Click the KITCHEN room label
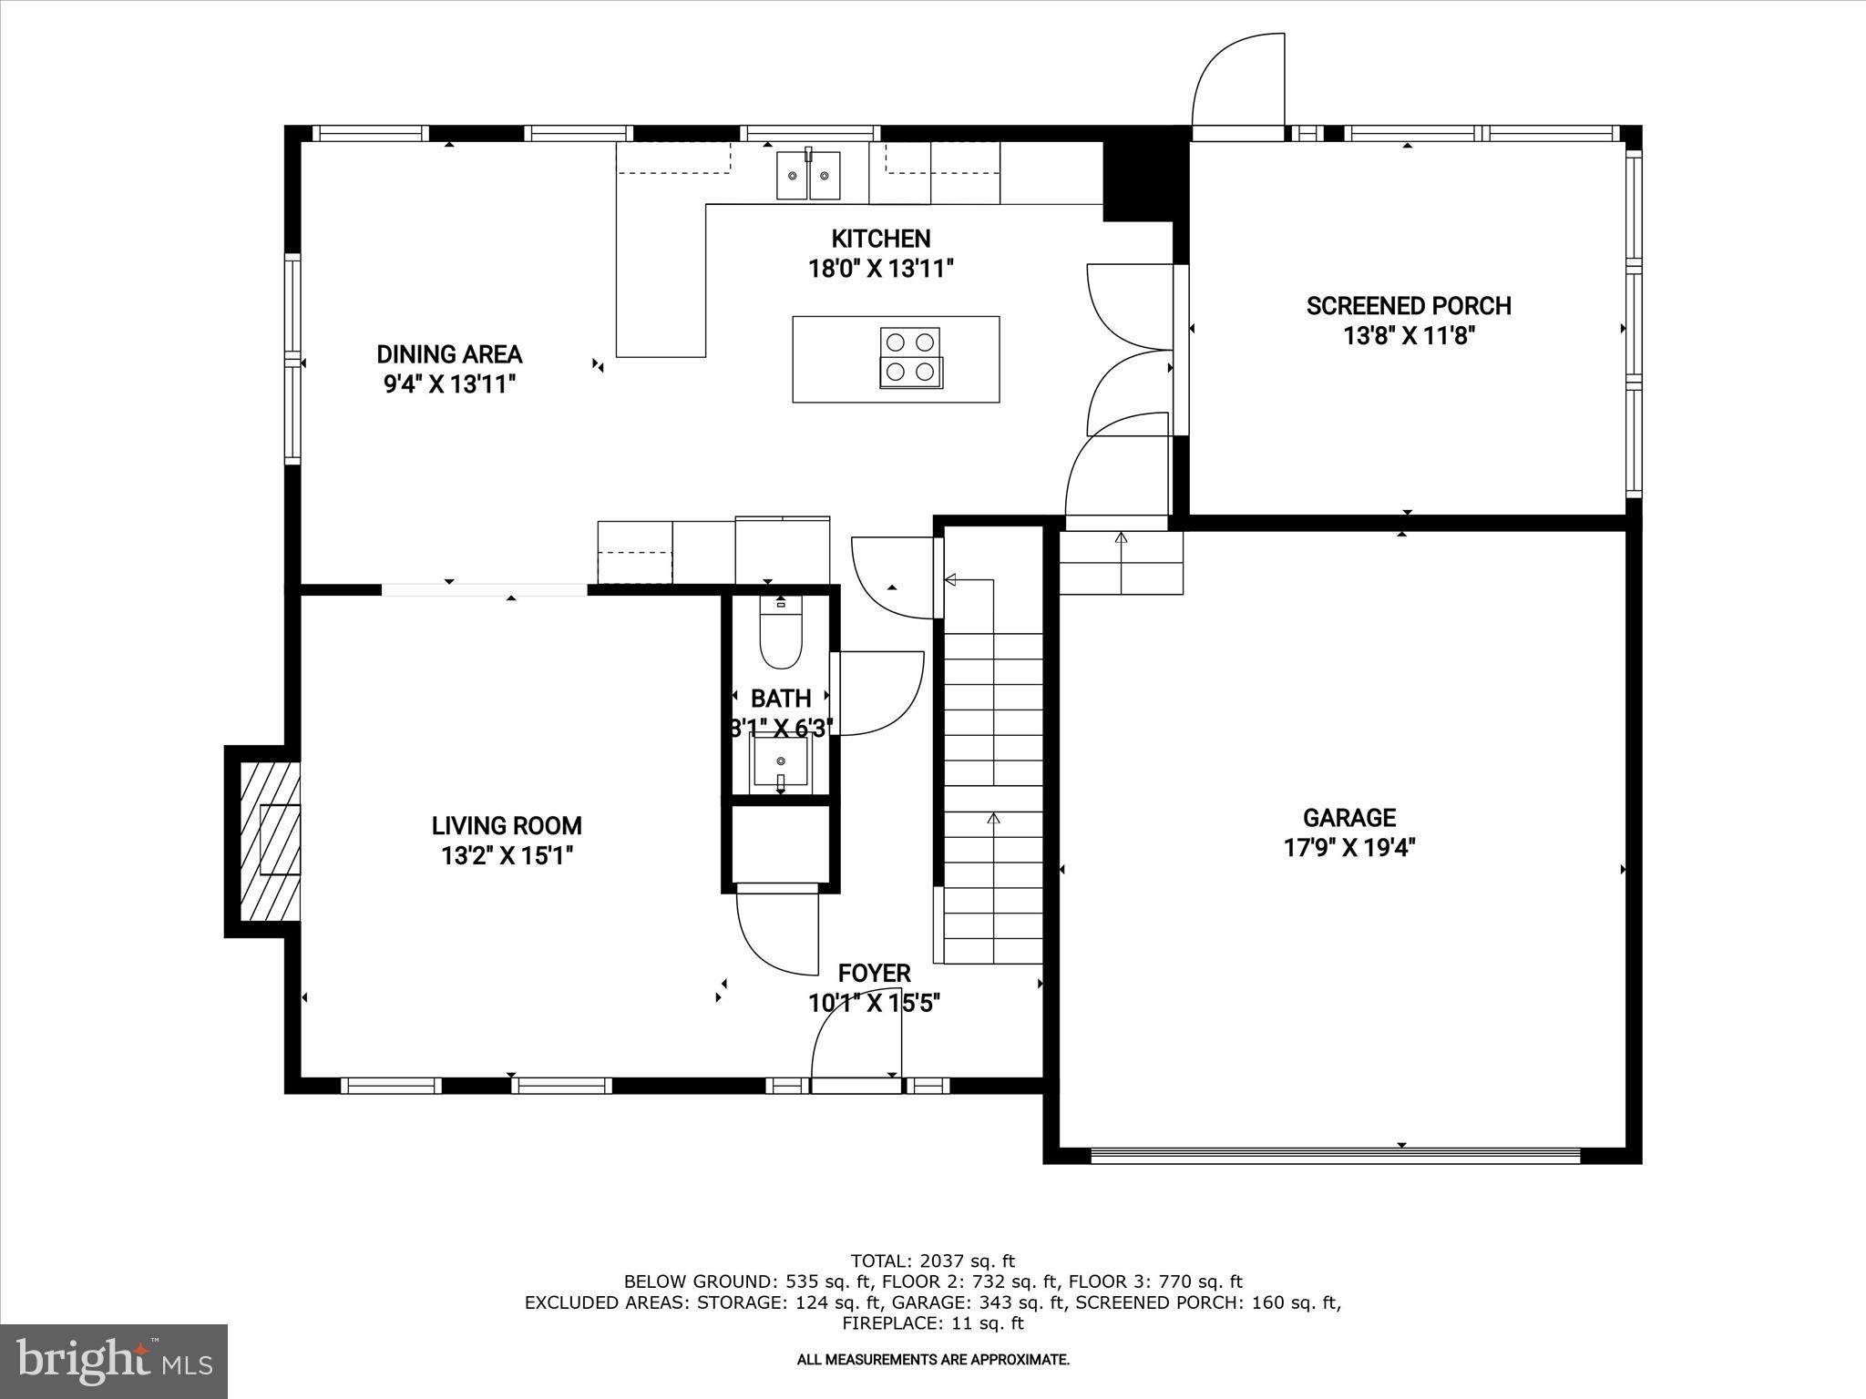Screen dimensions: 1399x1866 point(880,240)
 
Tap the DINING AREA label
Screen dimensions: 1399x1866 point(449,354)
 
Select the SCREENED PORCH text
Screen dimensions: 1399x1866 point(1409,306)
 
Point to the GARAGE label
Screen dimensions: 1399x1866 point(1348,818)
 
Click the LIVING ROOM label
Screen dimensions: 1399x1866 point(507,826)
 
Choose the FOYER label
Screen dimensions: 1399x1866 point(874,973)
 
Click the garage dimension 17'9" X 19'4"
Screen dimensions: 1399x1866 point(1348,848)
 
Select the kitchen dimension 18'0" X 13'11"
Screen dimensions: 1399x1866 point(880,269)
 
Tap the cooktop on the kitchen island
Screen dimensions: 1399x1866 point(910,358)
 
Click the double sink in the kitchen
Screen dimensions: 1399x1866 point(808,176)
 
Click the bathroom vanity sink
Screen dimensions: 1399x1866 point(780,761)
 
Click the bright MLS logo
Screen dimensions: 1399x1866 point(114,1361)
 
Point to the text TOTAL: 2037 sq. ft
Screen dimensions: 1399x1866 point(932,1261)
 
